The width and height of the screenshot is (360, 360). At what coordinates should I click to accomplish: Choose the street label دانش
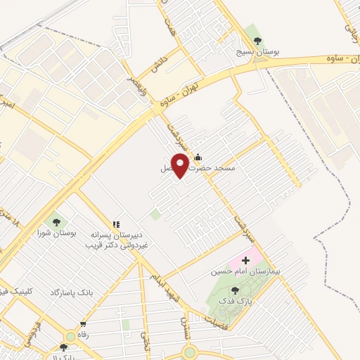tap(157, 60)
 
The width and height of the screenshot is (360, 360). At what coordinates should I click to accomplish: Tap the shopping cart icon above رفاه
tap(83, 324)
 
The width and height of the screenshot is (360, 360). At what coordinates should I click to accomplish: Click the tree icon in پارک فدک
tap(235, 289)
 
